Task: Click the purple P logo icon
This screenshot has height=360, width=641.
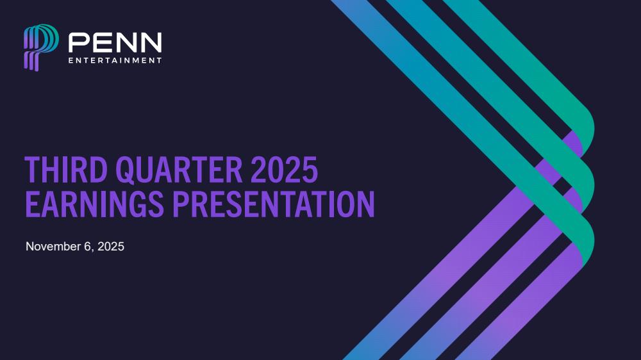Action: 41,47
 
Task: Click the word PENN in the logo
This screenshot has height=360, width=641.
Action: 115,42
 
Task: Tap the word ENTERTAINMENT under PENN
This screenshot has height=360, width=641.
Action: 115,60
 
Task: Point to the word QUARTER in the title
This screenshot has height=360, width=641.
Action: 179,170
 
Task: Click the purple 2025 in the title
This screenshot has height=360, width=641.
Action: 284,170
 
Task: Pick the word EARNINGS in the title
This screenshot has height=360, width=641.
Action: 94,204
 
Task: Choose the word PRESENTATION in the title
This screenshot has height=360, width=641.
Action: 274,204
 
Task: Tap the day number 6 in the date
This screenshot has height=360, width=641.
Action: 87,247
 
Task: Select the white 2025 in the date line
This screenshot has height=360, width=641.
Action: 111,247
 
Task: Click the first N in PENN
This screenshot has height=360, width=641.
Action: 126,42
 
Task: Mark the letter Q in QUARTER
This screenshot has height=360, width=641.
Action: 125,170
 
